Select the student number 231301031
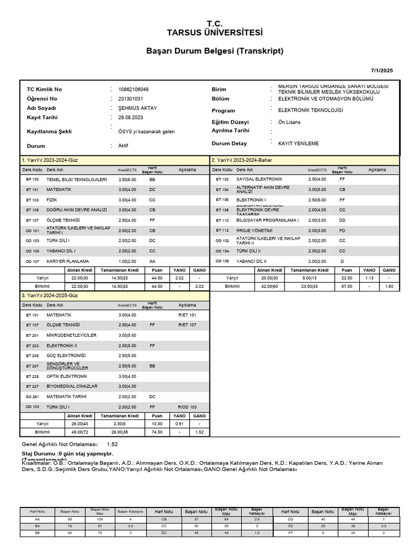[131, 98]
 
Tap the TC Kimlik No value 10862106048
[133, 89]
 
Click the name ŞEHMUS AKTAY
[138, 108]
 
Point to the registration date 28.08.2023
[131, 118]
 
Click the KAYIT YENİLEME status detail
[298, 143]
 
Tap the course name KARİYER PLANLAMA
[68, 261]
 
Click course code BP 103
[32, 179]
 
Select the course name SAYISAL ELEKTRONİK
[259, 179]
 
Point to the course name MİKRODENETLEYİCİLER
[72, 335]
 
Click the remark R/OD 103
[187, 407]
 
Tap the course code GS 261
[32, 396]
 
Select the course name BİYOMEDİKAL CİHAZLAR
[72, 386]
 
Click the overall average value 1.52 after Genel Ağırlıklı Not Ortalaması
[113, 444]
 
